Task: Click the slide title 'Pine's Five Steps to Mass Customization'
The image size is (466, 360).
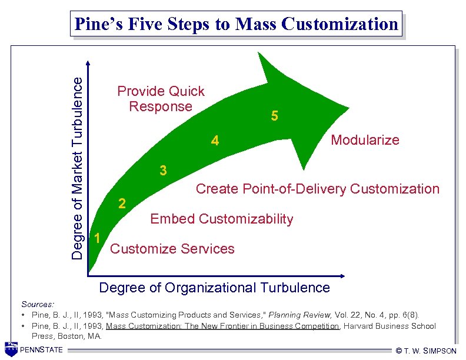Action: point(236,24)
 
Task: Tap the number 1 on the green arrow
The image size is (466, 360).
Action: point(97,237)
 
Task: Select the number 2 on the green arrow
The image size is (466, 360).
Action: point(122,204)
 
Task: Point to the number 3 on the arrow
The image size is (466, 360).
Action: point(164,171)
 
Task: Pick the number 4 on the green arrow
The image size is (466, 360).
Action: point(215,141)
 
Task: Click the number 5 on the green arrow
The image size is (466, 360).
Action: point(274,116)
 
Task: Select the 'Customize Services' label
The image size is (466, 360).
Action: point(172,249)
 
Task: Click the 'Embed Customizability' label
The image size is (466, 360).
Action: point(221,219)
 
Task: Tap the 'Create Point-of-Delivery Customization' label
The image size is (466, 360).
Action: point(317,189)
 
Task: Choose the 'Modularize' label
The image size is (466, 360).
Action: point(365,140)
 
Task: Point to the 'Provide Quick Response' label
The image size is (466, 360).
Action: point(161,99)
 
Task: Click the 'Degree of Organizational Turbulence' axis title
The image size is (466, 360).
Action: point(215,288)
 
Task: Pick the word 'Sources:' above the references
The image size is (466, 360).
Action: point(38,304)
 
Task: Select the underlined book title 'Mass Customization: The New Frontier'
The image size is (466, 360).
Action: point(222,326)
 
